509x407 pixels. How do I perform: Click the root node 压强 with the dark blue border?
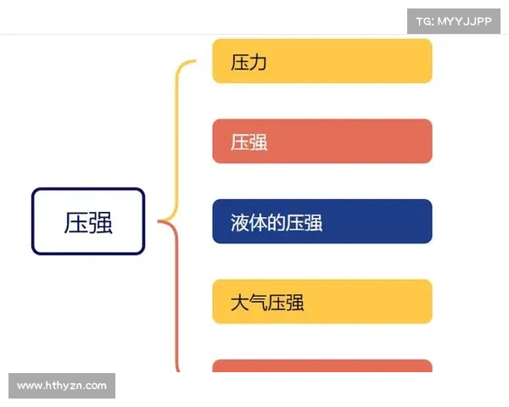pyautogui.click(x=88, y=221)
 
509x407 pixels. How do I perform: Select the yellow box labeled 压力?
pyautogui.click(x=322, y=61)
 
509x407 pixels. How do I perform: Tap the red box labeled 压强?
pyautogui.click(x=322, y=141)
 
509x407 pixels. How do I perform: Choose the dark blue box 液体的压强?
pyautogui.click(x=322, y=221)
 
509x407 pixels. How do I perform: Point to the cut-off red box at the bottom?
pyautogui.click(x=322, y=366)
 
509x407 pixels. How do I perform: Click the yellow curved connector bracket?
pyautogui.click(x=177, y=136)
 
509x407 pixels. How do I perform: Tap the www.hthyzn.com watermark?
pyautogui.click(x=61, y=386)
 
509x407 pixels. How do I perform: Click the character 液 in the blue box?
pyautogui.click(x=240, y=223)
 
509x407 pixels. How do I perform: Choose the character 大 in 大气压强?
pyautogui.click(x=240, y=303)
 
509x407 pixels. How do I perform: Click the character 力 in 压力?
pyautogui.click(x=259, y=63)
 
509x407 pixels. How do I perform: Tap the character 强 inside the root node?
pyautogui.click(x=101, y=222)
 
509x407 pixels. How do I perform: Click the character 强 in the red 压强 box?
pyautogui.click(x=259, y=142)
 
